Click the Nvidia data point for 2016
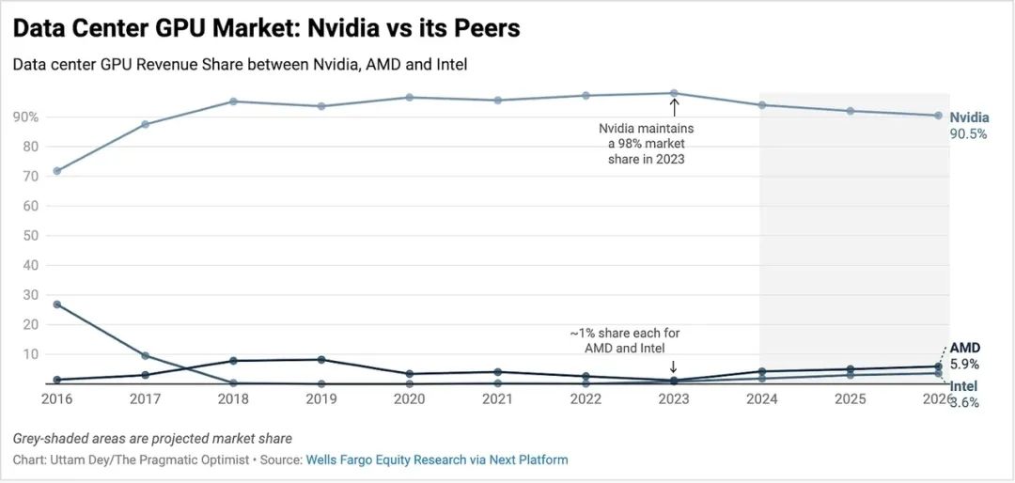(57, 171)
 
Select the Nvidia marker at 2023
(674, 93)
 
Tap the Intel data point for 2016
(57, 304)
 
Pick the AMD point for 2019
(321, 359)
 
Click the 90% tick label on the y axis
(24, 117)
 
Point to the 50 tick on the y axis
(31, 236)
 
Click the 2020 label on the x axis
(409, 398)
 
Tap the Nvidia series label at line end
(969, 118)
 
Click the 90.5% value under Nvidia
(969, 133)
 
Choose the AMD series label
(964, 349)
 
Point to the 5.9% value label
(964, 364)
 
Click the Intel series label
(962, 387)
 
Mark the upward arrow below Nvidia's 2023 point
(674, 107)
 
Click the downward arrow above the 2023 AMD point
(673, 367)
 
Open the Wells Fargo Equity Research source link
(386, 460)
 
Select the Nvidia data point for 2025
(850, 111)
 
